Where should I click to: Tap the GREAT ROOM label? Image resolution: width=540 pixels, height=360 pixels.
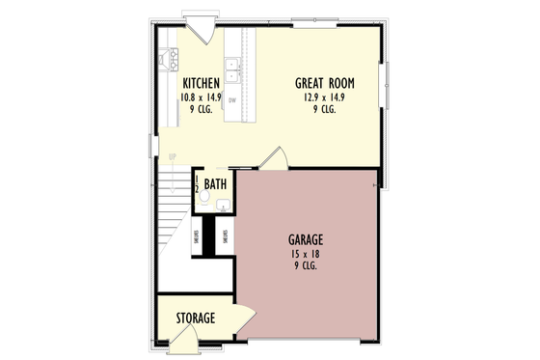pyautogui.click(x=323, y=83)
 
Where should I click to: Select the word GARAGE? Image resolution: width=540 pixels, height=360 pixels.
pyautogui.click(x=305, y=238)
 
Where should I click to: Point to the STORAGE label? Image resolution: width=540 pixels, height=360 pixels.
pyautogui.click(x=195, y=318)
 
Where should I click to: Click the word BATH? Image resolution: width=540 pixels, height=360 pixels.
pyautogui.click(x=215, y=182)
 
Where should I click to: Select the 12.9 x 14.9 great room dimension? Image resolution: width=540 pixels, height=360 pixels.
pyautogui.click(x=323, y=97)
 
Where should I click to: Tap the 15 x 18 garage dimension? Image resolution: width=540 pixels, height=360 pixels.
pyautogui.click(x=305, y=252)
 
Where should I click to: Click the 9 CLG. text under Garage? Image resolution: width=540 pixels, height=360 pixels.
pyautogui.click(x=305, y=264)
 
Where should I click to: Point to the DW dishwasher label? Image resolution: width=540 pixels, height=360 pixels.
pyautogui.click(x=232, y=99)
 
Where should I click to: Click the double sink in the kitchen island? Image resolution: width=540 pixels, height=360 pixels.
pyautogui.click(x=232, y=70)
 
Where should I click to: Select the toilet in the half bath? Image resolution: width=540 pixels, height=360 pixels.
pyautogui.click(x=202, y=194)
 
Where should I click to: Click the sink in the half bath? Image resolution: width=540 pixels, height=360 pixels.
pyautogui.click(x=223, y=205)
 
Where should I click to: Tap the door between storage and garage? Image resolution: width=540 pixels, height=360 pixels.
pyautogui.click(x=242, y=318)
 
